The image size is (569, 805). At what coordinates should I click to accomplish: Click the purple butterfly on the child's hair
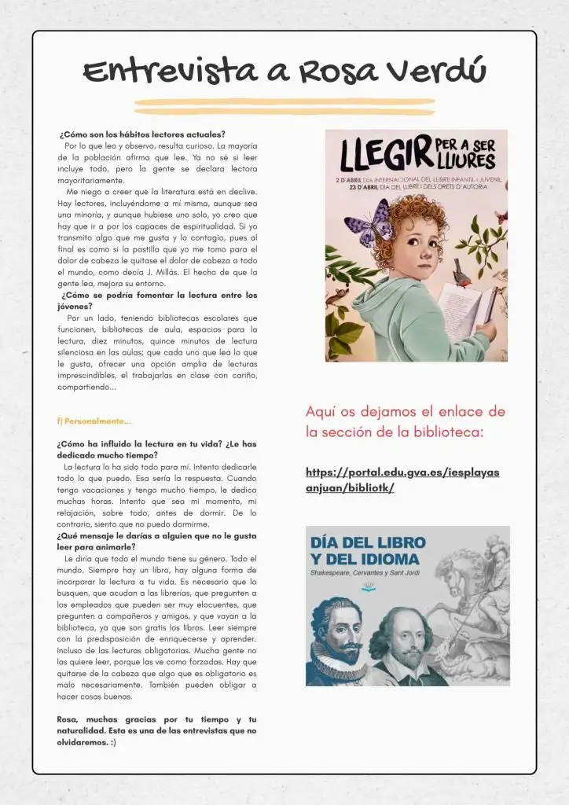point(369,222)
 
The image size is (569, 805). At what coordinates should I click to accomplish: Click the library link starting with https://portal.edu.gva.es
point(402,480)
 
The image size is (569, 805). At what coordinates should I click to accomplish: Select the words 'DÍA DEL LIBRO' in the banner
point(368,542)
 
